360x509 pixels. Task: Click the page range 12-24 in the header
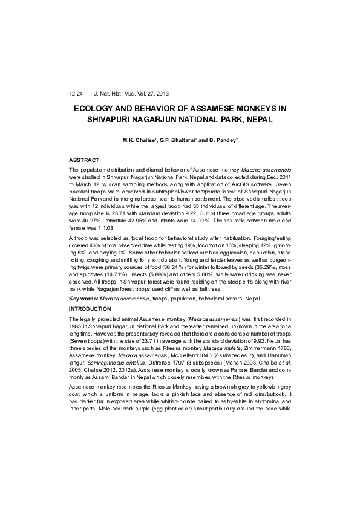[77, 94]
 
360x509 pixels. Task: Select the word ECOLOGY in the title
[97, 109]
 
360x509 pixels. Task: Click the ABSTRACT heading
[85, 160]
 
